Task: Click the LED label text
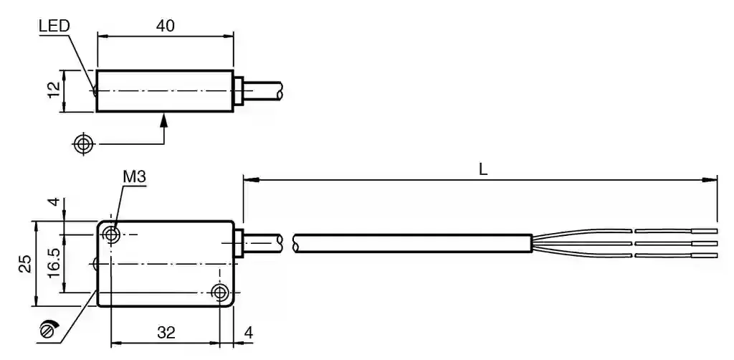click(x=54, y=26)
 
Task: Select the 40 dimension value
click(x=166, y=26)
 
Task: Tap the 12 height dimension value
click(x=54, y=90)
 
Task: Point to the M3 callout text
click(x=135, y=177)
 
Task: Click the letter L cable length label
click(x=484, y=169)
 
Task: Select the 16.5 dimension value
click(x=54, y=262)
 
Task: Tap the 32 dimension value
click(x=166, y=333)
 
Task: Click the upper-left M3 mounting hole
click(x=111, y=233)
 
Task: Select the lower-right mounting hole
click(x=219, y=293)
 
